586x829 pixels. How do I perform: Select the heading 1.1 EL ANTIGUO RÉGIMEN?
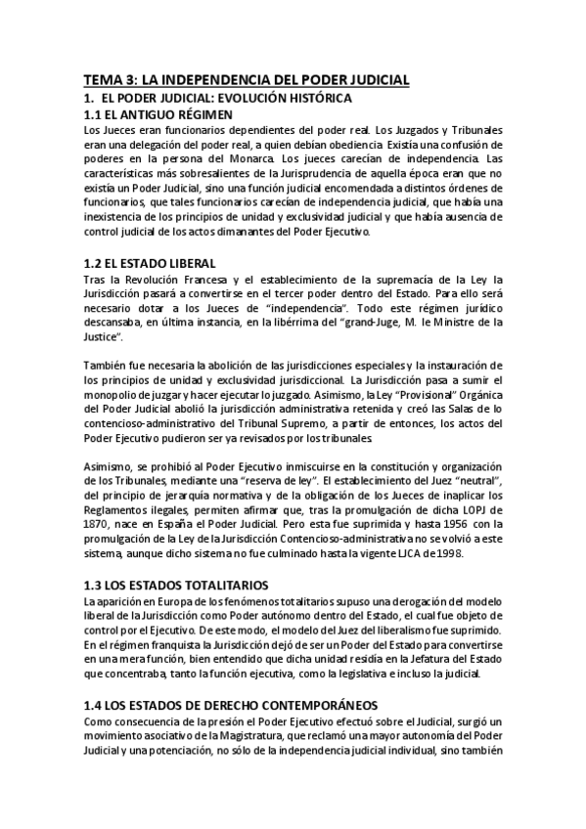(158, 115)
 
